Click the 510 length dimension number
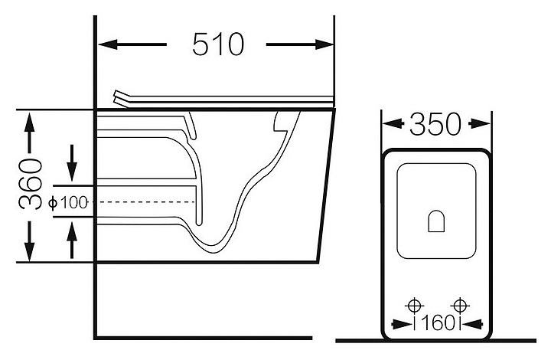coord(218,44)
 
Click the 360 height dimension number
coord(30,185)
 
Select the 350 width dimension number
coord(435,124)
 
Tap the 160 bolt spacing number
coord(438,323)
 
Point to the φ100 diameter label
coord(68,202)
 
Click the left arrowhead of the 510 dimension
coord(108,44)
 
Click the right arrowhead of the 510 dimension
coord(324,44)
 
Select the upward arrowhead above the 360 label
coord(30,122)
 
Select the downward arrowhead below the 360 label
coord(30,251)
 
